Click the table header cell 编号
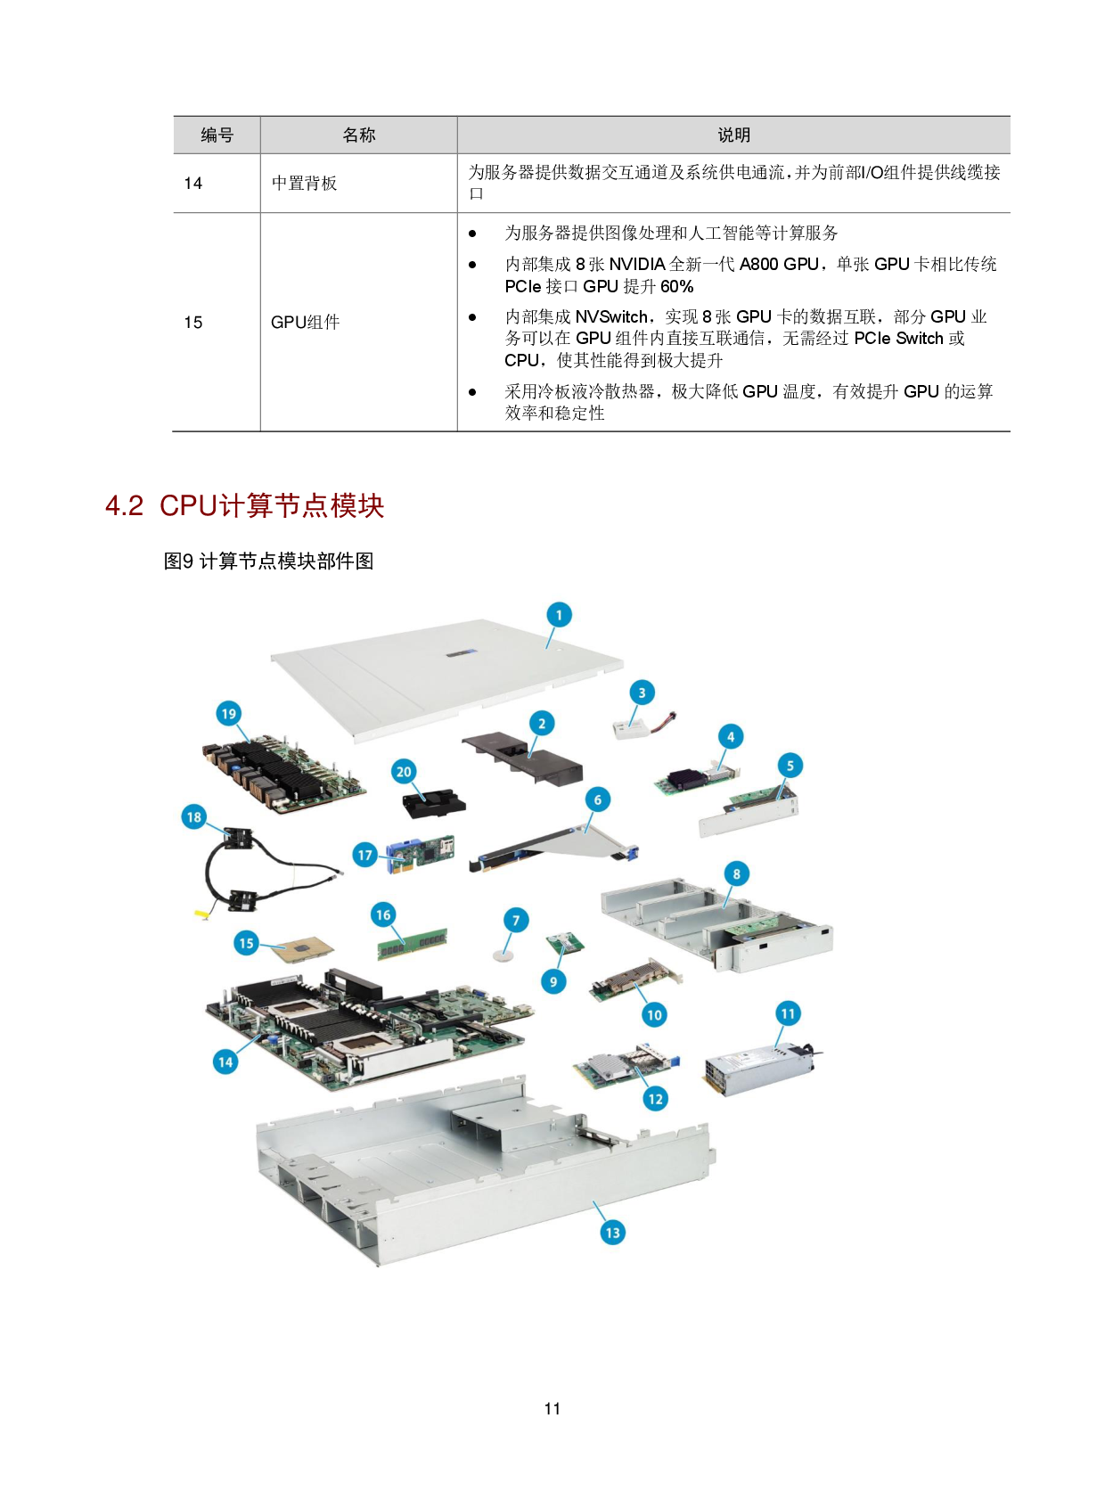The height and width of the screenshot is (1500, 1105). click(217, 135)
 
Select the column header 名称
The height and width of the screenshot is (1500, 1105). click(358, 135)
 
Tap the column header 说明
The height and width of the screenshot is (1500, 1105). click(733, 135)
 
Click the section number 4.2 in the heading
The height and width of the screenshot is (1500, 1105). click(124, 506)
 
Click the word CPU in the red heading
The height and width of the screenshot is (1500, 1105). click(188, 506)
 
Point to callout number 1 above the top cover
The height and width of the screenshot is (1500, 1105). click(559, 615)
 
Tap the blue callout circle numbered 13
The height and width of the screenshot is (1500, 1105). click(612, 1233)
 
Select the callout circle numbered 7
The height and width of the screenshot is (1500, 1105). click(516, 920)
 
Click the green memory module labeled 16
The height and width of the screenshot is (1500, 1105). click(412, 943)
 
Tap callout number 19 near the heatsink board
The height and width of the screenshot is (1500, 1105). click(229, 713)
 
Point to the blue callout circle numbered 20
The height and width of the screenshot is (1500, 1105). click(404, 772)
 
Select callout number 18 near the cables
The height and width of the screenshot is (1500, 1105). click(194, 816)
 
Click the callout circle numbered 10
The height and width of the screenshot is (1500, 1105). click(655, 1014)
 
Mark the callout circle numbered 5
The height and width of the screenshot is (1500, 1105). click(790, 766)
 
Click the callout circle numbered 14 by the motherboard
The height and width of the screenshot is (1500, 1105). click(225, 1061)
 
